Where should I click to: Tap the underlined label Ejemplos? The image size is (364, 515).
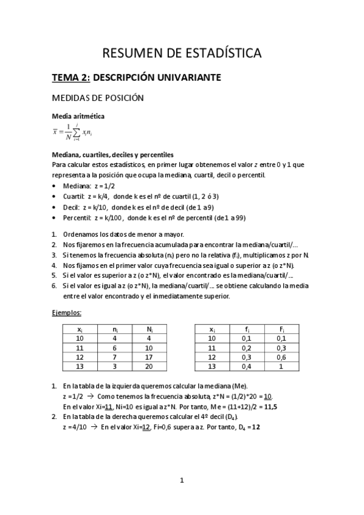[x=66, y=313]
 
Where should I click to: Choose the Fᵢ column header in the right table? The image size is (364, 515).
[x=281, y=329]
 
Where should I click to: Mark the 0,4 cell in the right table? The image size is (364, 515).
[x=246, y=367]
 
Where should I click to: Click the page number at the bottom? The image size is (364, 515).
[x=182, y=481]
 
